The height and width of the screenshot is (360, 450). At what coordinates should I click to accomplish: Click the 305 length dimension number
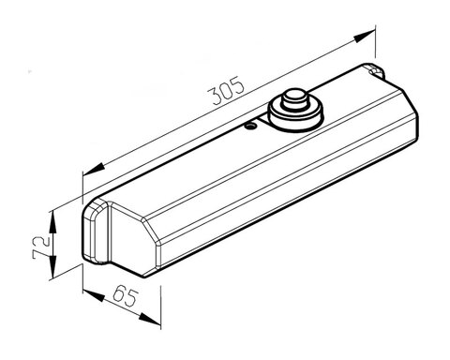pyautogui.click(x=226, y=90)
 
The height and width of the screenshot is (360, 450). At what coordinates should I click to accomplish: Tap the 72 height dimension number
pyautogui.click(x=40, y=247)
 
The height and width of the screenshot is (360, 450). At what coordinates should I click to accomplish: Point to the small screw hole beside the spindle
pyautogui.click(x=250, y=126)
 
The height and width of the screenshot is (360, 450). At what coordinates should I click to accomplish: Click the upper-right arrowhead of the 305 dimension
pyautogui.click(x=365, y=36)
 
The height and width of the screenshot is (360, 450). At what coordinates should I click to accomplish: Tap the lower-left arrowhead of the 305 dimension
pyautogui.click(x=94, y=169)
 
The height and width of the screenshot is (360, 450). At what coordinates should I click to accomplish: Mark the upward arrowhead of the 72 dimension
pyautogui.click(x=52, y=222)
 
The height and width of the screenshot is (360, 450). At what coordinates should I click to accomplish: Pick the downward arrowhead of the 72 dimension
pyautogui.click(x=52, y=266)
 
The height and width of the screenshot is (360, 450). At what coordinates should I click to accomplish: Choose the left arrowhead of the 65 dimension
pyautogui.click(x=94, y=295)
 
